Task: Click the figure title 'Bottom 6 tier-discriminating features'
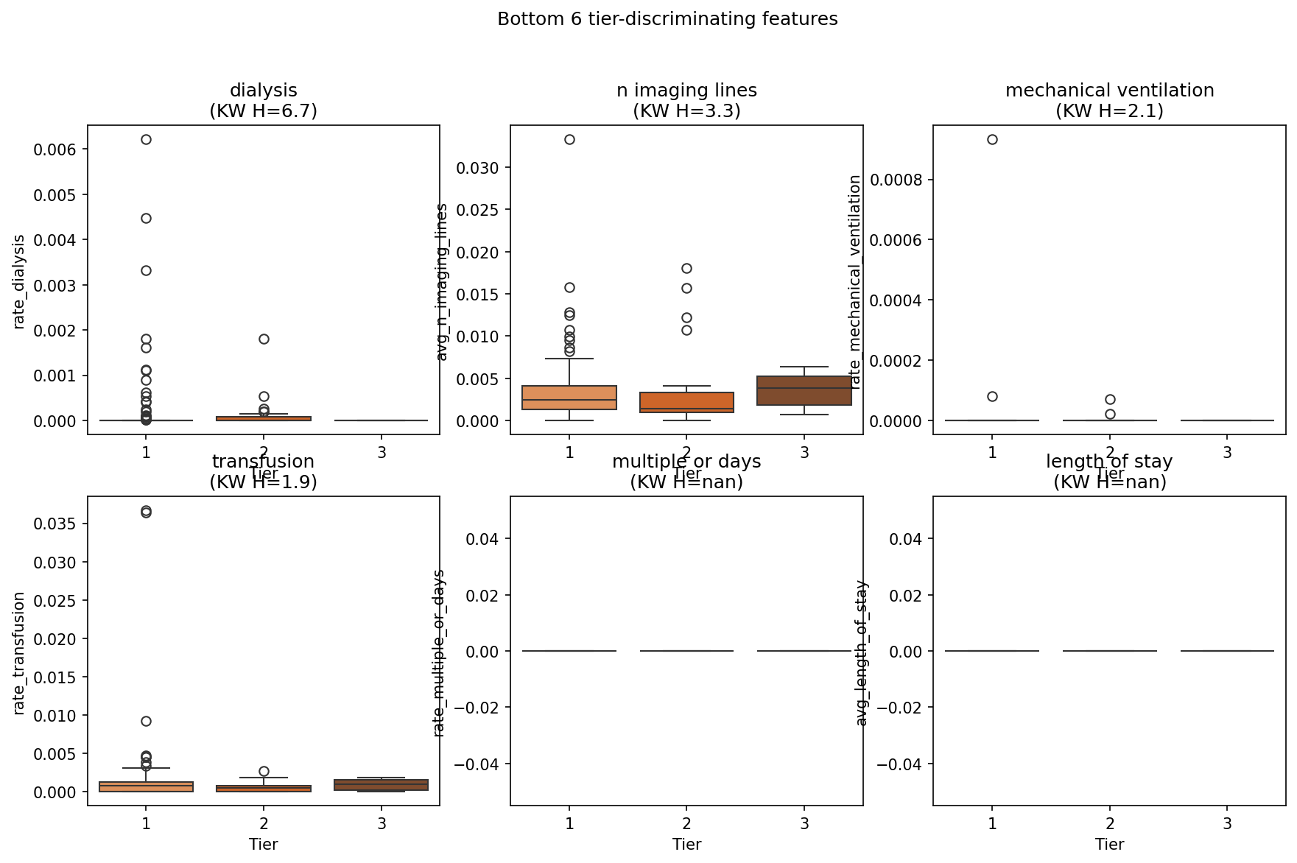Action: (x=667, y=19)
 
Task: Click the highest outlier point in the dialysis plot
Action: (x=146, y=139)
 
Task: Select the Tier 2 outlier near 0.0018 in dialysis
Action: (x=264, y=339)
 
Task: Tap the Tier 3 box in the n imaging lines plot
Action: (x=804, y=390)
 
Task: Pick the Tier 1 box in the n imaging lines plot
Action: (x=569, y=398)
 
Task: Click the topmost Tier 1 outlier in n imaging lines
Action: (x=569, y=139)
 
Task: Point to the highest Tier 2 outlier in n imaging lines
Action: (x=686, y=268)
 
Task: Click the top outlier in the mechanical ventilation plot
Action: (x=992, y=139)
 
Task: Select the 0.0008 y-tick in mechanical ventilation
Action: (x=897, y=180)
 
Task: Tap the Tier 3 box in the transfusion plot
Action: (x=382, y=785)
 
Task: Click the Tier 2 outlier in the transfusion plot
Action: (x=264, y=771)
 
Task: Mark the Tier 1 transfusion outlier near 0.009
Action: (x=146, y=721)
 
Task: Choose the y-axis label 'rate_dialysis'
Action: (x=20, y=281)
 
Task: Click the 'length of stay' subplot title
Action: (x=1109, y=462)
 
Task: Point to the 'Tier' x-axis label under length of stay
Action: (x=1109, y=845)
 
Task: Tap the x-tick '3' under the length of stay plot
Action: (x=1227, y=824)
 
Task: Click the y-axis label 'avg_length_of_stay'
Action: (x=862, y=652)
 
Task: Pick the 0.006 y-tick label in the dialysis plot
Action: (x=54, y=149)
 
